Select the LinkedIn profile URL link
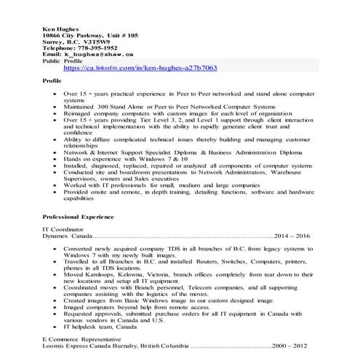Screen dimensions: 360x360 [140, 68]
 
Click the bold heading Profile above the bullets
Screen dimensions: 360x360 [52, 81]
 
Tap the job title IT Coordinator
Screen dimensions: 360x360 [65, 230]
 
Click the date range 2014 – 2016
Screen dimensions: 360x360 [293, 236]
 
